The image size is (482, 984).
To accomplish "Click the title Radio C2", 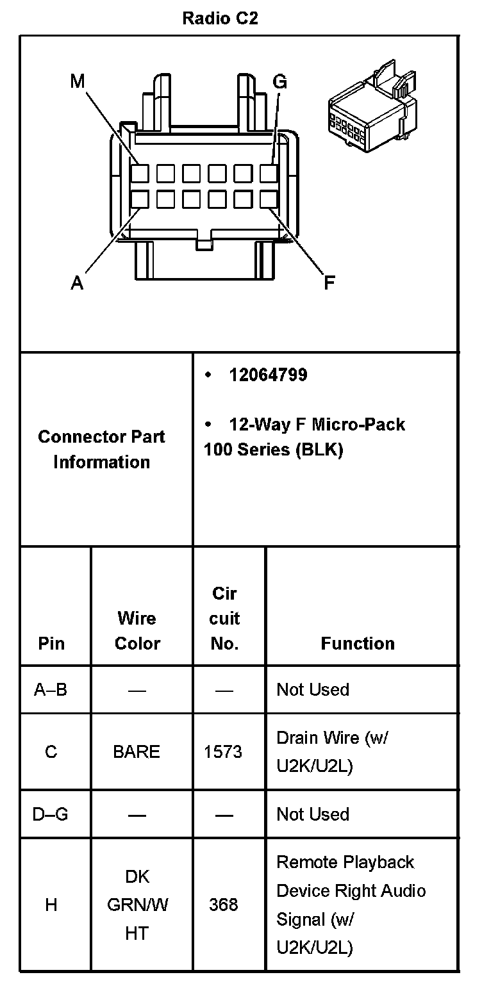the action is [220, 19].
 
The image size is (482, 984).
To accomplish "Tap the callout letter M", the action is [78, 81].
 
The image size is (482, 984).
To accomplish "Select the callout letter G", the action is [280, 81].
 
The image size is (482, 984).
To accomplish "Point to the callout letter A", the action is [77, 283].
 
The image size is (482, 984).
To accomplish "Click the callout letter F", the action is [329, 283].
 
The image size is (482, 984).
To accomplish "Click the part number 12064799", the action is [268, 375].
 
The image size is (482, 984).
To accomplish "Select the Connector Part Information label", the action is [101, 449].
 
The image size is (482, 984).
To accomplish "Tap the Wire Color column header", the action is [137, 630].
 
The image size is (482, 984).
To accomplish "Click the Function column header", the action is [358, 643].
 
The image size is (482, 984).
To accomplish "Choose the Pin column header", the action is [51, 643].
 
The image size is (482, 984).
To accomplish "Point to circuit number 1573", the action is [223, 751].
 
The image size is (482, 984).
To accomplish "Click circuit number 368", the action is [223, 905].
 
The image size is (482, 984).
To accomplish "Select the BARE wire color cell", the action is [137, 751].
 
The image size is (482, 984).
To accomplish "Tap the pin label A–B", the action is [51, 690].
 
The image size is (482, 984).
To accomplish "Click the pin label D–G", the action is [51, 814].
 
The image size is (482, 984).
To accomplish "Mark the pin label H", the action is [51, 905].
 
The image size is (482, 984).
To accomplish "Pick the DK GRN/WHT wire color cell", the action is [137, 905].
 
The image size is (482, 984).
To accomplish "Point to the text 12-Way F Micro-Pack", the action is [317, 424].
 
